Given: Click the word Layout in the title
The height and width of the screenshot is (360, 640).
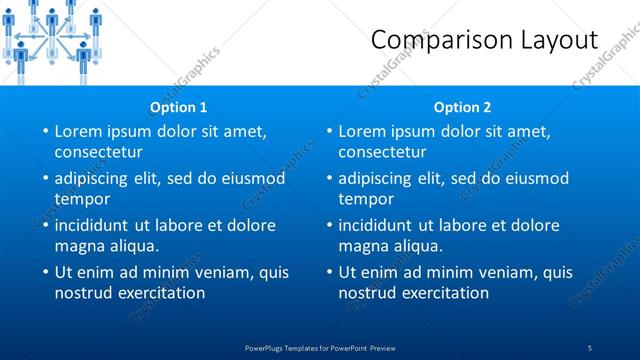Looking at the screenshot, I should tap(550, 40).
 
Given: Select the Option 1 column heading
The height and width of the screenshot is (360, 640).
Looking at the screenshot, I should tap(179, 107).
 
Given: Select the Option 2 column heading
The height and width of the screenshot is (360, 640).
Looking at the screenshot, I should tap(463, 107).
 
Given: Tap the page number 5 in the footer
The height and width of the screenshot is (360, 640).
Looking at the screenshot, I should tap(590, 347).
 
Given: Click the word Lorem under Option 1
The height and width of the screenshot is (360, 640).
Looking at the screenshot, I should tap(79, 131).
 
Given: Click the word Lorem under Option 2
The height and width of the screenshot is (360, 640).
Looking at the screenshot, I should tap(363, 131).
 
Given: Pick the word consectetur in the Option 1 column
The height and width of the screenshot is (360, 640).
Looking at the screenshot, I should tap(98, 152).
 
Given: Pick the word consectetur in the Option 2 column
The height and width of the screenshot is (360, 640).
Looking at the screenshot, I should tap(382, 152).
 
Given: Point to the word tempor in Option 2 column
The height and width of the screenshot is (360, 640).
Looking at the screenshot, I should tap(366, 199).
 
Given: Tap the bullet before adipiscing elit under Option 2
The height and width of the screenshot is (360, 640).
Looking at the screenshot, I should tap(330, 178).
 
